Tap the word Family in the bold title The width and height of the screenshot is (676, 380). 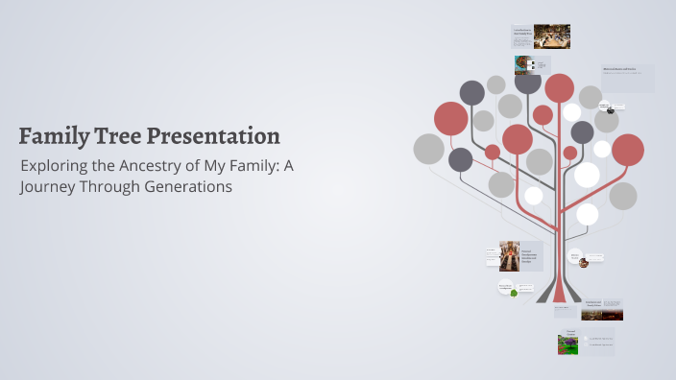55,135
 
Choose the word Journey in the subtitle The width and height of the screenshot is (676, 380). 49,187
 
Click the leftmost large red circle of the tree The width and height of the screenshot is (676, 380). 450,119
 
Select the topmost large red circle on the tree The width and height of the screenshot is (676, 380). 559,87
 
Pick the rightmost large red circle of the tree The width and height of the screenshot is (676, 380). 628,150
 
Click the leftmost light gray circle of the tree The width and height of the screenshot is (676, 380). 428,149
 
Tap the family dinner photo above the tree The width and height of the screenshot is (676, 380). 551,36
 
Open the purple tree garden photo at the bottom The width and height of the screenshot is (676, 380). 567,344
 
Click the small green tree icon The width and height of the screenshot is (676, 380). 514,292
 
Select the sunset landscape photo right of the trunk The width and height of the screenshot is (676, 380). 602,313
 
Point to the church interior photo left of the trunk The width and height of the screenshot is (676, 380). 509,256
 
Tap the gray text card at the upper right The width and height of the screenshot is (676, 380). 628,78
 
